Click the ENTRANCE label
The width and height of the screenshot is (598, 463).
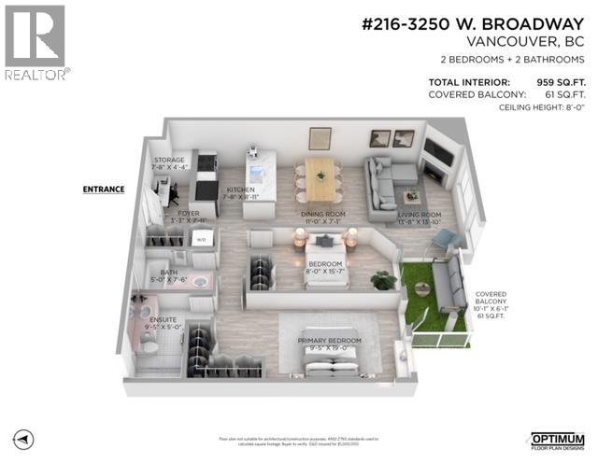pyautogui.click(x=103, y=189)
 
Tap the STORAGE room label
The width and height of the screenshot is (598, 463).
pyautogui.click(x=170, y=161)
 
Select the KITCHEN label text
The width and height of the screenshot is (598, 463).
pyautogui.click(x=240, y=189)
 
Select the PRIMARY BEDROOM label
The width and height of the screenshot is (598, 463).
pyautogui.click(x=329, y=341)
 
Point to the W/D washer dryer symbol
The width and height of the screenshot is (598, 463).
pyautogui.click(x=203, y=239)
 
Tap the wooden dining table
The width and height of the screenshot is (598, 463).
pyautogui.click(x=320, y=178)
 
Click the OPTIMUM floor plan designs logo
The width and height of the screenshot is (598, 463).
pyautogui.click(x=557, y=439)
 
